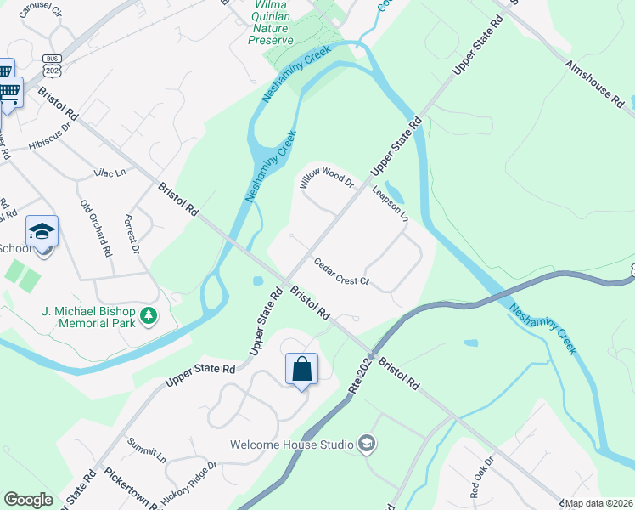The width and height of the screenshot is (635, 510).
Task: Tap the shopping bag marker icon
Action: [x=301, y=369]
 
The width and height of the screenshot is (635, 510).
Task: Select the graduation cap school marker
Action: [x=42, y=232]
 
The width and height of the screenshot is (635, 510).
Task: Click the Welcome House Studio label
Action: [x=292, y=445]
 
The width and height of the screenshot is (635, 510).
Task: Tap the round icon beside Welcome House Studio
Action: [x=366, y=444]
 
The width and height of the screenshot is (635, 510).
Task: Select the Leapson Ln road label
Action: [x=391, y=204]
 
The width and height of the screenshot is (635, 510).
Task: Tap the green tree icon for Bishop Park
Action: [x=149, y=316]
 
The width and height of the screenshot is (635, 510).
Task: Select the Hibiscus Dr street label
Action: [x=51, y=136]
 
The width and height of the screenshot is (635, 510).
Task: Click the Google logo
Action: [x=28, y=500]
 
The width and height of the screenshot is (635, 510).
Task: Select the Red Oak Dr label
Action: [x=481, y=479]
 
